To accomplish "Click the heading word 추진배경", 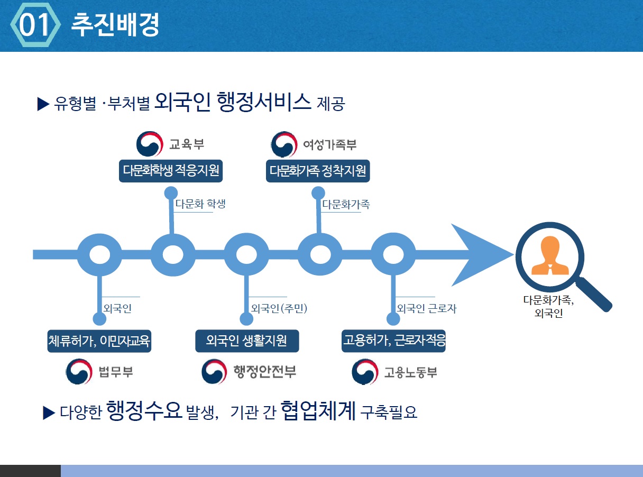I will (115, 25).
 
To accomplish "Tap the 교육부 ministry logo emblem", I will (150, 144).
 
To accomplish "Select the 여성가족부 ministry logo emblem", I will (284, 144).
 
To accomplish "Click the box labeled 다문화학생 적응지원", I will (170, 171).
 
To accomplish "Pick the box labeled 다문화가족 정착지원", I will (317, 171).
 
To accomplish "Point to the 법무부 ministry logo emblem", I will (79, 372).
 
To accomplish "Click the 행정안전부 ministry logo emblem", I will (215, 372).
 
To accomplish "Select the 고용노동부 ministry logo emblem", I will (365, 372).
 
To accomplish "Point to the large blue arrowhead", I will (476, 255).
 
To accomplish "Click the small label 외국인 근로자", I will (426, 308).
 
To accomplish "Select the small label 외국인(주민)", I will (279, 308).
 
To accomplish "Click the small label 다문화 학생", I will (200, 204).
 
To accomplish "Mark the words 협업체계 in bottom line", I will (318, 410).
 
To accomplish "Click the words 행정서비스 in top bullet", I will (264, 102).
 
